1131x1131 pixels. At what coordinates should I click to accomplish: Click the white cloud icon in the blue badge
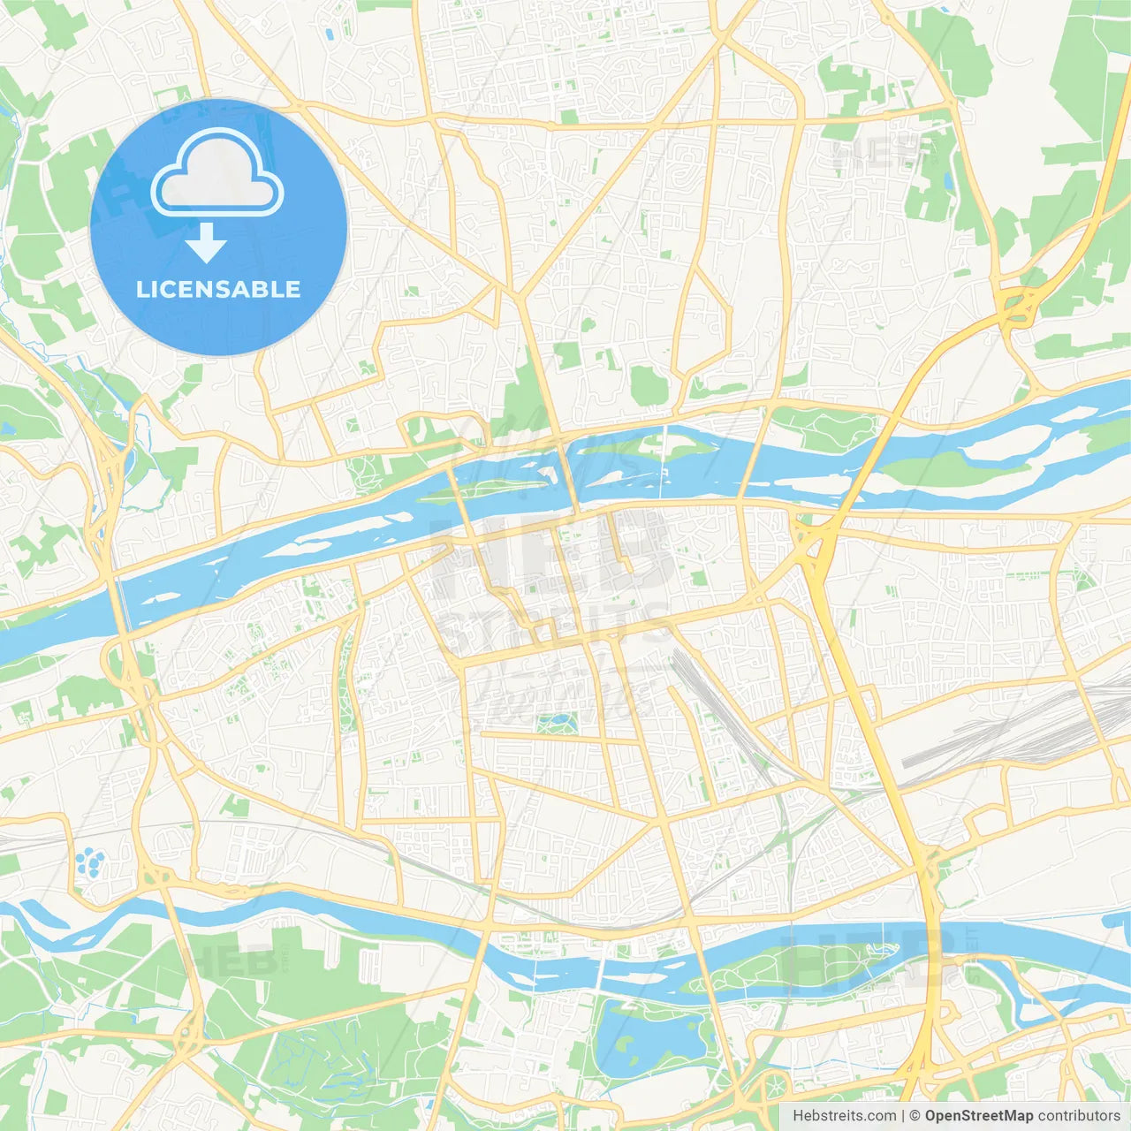pyautogui.click(x=217, y=173)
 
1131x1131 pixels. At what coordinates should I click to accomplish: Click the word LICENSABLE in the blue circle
pyautogui.click(x=218, y=289)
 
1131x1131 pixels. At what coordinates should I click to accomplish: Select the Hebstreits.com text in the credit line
pyautogui.click(x=844, y=1116)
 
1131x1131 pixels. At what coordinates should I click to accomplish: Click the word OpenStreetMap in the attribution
pyautogui.click(x=978, y=1116)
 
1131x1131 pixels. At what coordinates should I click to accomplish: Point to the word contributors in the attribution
pyautogui.click(x=1079, y=1116)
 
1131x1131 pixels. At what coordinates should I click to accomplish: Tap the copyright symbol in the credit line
pyautogui.click(x=915, y=1116)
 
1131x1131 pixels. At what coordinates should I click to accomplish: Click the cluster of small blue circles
pyautogui.click(x=87, y=862)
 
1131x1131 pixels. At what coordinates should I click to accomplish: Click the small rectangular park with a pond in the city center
pyautogui.click(x=558, y=724)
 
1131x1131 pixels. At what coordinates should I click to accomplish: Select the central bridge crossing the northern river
pyautogui.click(x=566, y=477)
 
